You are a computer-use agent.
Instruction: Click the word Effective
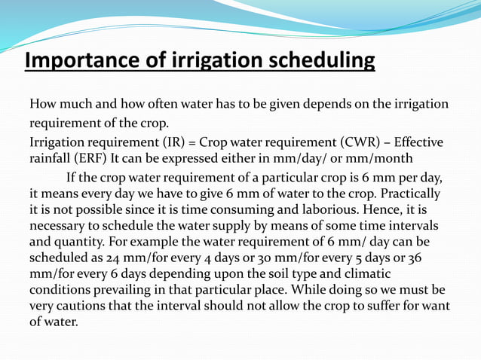pyautogui.click(x=419, y=142)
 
